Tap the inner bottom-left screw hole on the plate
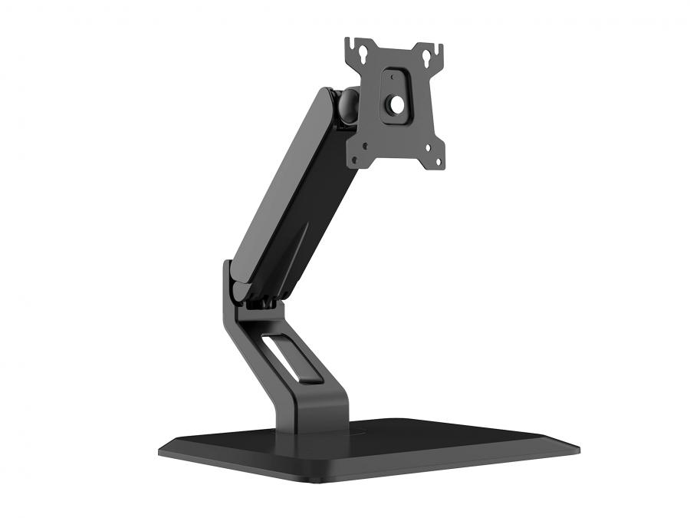pos(366,144)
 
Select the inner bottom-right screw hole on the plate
pos(422,145)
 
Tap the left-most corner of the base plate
pos(160,451)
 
